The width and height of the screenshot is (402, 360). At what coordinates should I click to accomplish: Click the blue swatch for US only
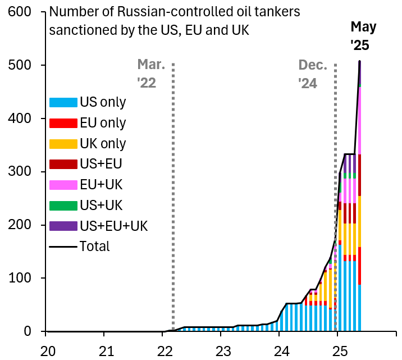(63, 102)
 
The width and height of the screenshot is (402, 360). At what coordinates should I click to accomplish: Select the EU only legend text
(103, 123)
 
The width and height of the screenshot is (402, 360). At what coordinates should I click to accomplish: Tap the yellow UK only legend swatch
(63, 144)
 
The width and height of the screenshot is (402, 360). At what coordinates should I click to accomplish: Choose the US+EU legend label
(101, 164)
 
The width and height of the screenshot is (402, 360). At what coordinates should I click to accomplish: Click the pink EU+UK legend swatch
(63, 185)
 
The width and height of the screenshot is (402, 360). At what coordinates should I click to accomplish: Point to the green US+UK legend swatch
(63, 206)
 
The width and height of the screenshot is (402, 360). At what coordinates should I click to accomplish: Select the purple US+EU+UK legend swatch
(63, 226)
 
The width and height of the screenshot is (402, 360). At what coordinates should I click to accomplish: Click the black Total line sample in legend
(63, 247)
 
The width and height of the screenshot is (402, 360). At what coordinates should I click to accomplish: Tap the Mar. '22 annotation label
(151, 74)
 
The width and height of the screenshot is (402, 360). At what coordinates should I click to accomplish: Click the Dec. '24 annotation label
(313, 74)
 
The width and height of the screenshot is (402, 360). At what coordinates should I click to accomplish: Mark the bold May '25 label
(363, 36)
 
